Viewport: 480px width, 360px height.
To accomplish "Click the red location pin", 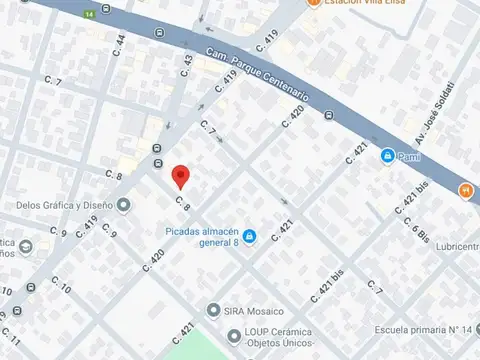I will click(x=180, y=175).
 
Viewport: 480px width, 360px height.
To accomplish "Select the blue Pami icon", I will click(x=386, y=155).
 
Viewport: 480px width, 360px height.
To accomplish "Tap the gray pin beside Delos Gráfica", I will click(x=123, y=206).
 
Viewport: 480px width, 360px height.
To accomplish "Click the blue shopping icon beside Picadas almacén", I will click(x=250, y=236).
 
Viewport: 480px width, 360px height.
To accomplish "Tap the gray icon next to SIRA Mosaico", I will click(x=213, y=309).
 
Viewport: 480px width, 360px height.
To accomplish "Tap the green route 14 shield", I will click(x=90, y=15).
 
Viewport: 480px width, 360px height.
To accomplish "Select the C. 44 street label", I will click(x=119, y=44).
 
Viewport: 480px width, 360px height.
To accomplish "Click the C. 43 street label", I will click(x=187, y=65).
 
